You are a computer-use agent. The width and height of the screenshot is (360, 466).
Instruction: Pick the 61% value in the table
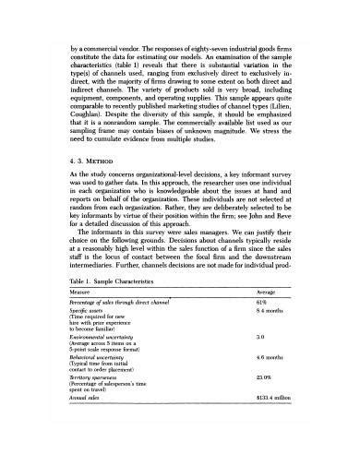pyautogui.click(x=261, y=328)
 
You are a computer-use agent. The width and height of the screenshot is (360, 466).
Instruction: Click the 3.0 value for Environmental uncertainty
pyautogui.click(x=260, y=363)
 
